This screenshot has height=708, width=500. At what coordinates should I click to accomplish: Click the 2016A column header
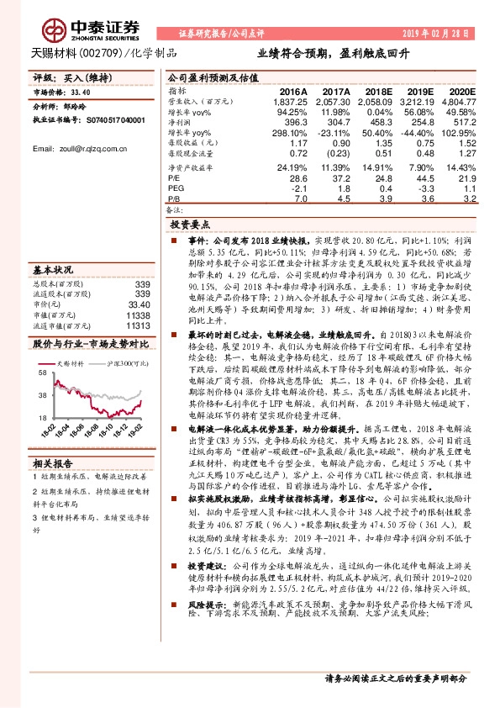(x=293, y=90)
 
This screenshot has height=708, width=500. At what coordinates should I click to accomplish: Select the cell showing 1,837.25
(x=290, y=100)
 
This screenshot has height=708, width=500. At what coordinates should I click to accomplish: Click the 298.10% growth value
(x=292, y=133)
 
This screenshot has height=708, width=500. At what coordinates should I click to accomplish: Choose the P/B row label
(x=174, y=199)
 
